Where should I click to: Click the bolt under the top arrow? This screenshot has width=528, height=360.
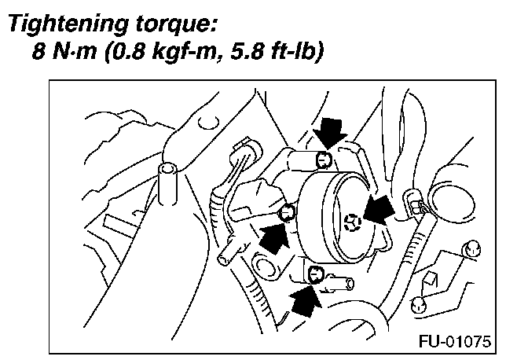pos(322,161)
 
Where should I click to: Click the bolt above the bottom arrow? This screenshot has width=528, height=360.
pos(316,274)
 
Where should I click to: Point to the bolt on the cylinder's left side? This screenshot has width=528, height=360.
pos(287,210)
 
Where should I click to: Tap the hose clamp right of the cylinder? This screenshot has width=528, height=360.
pos(417,206)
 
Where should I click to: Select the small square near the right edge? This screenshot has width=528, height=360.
pos(430,277)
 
